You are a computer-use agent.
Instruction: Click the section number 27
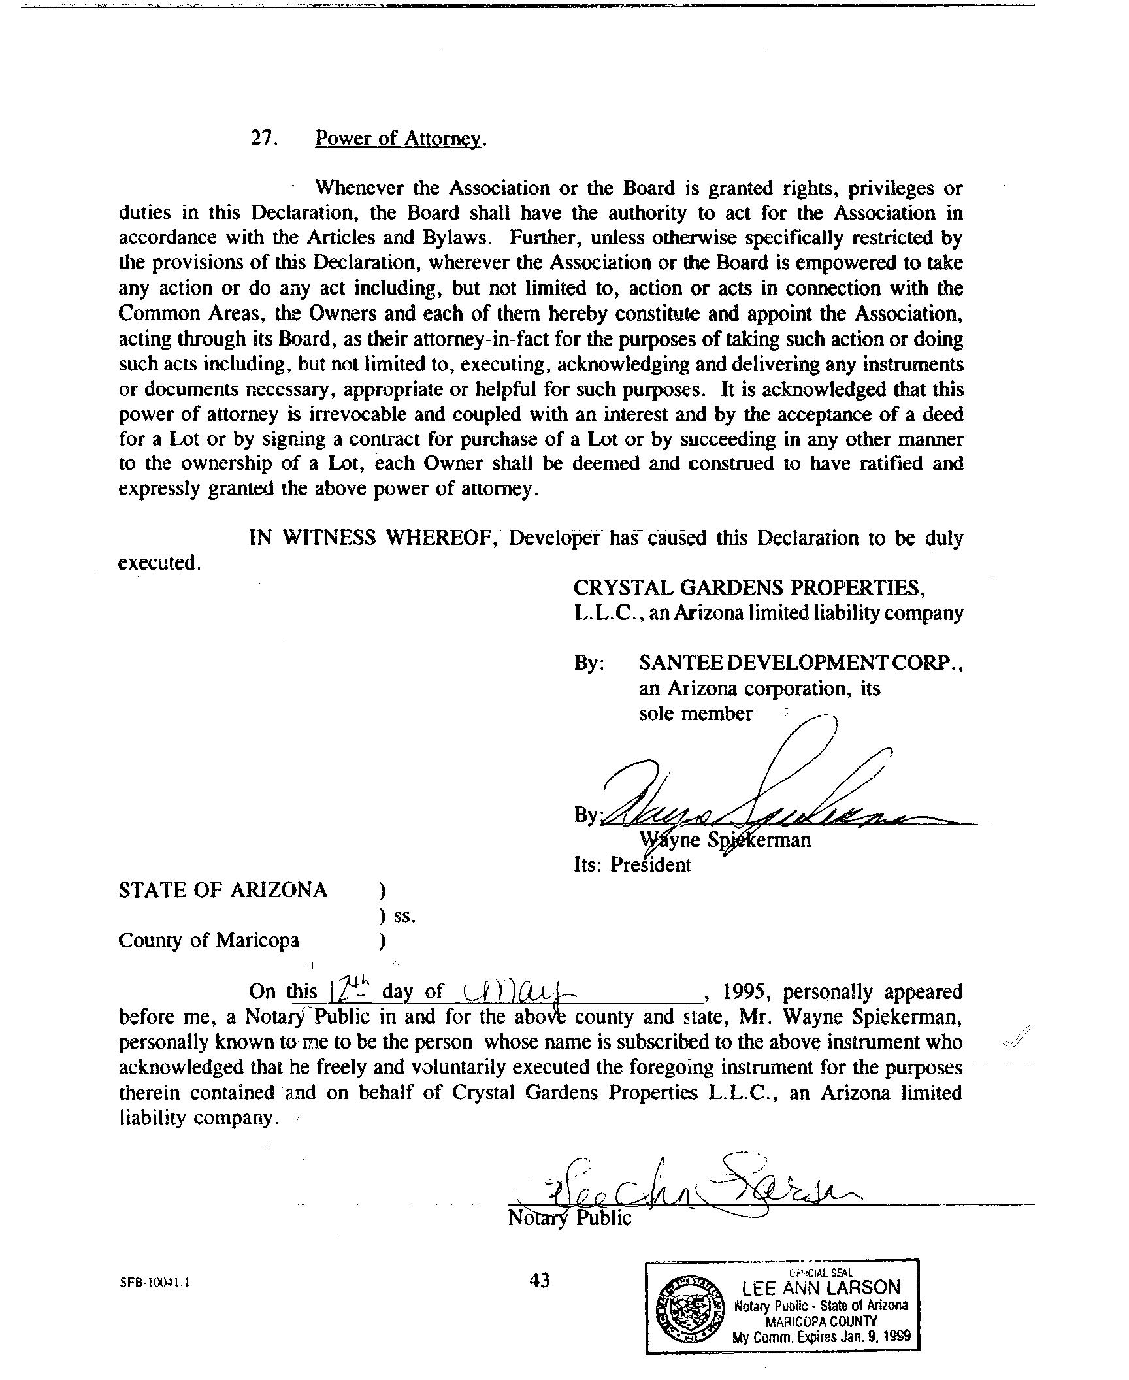point(265,139)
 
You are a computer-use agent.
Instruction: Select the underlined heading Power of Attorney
point(399,139)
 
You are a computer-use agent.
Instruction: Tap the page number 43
point(540,1281)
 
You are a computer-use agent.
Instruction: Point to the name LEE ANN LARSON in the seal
point(821,1287)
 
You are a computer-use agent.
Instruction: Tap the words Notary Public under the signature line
point(569,1219)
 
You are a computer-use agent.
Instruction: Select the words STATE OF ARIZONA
point(223,891)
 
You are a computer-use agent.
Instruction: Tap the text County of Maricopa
point(209,941)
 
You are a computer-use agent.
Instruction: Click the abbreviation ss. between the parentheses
point(404,916)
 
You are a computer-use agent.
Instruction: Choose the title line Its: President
point(632,865)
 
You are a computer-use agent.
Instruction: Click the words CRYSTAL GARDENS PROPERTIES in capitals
point(747,588)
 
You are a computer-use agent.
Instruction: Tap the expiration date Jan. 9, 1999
point(872,1336)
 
